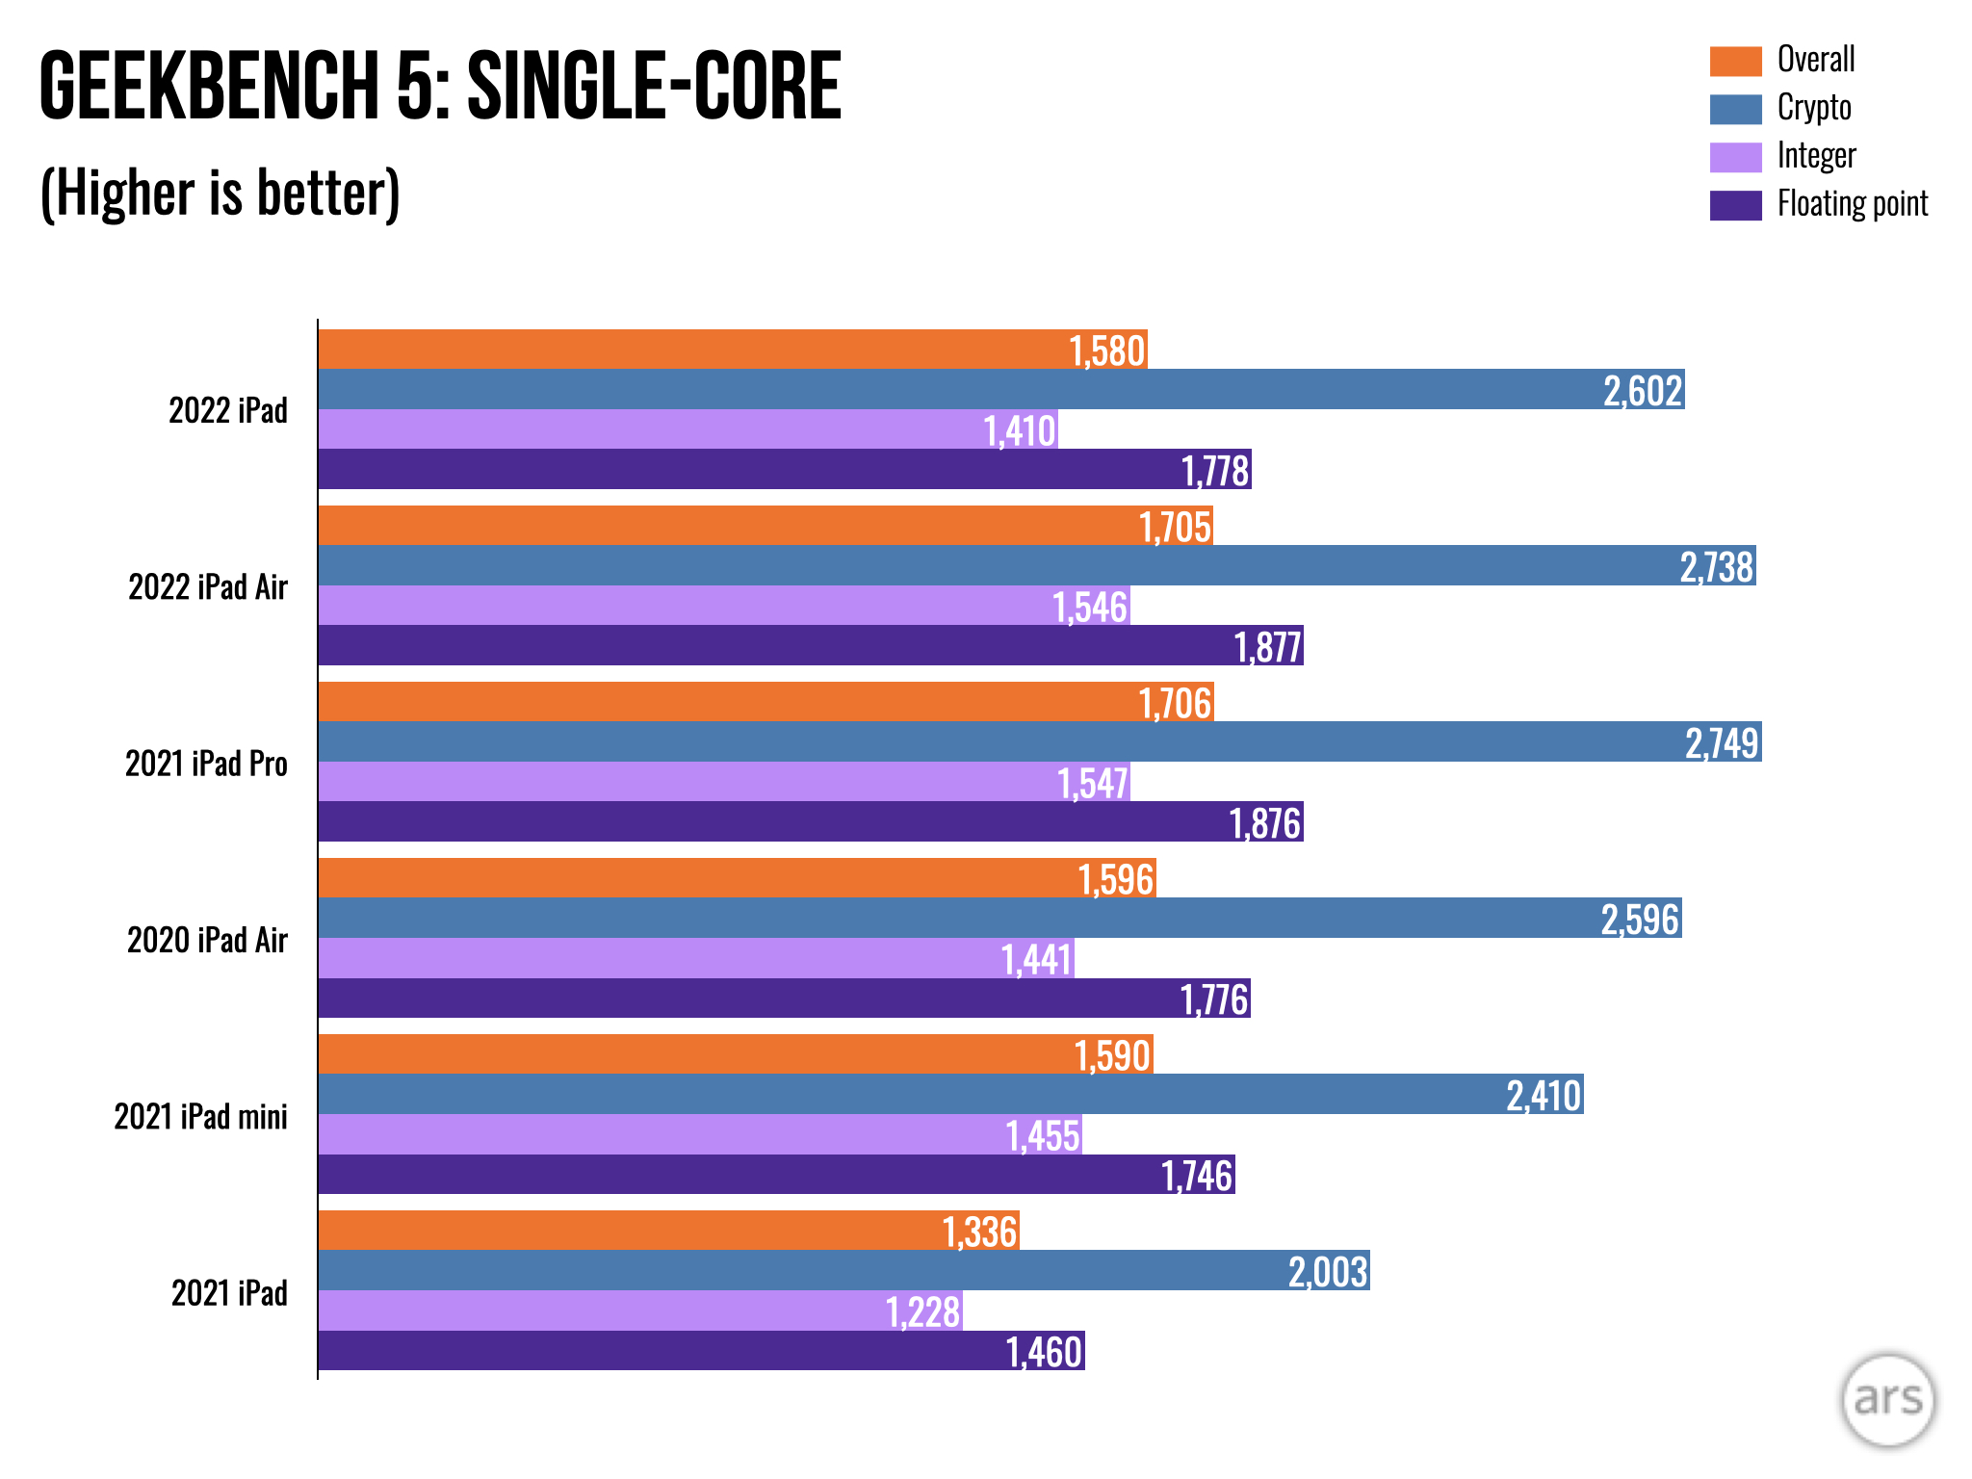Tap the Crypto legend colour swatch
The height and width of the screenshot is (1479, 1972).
click(1735, 108)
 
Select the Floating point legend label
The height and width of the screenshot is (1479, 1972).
click(1852, 204)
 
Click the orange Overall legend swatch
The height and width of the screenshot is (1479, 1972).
click(1735, 61)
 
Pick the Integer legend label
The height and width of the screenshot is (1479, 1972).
click(1816, 156)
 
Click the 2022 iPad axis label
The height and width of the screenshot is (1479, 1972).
click(228, 410)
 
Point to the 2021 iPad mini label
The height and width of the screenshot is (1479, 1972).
click(200, 1116)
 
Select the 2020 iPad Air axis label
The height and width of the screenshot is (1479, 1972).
click(207, 940)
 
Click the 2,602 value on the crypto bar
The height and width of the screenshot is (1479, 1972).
click(1643, 391)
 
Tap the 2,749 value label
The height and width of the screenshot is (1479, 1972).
click(1722, 743)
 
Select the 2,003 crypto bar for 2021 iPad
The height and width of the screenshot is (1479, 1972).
click(843, 1271)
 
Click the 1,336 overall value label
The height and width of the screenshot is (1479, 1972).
click(979, 1232)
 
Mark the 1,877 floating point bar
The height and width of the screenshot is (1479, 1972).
click(809, 646)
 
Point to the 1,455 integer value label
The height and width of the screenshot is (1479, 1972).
click(1043, 1136)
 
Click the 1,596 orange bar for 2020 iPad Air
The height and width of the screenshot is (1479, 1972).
click(737, 878)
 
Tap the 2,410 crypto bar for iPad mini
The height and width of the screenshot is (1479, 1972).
click(949, 1095)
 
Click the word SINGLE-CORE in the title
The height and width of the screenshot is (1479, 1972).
click(654, 87)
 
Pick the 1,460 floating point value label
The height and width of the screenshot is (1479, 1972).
click(1044, 1352)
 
